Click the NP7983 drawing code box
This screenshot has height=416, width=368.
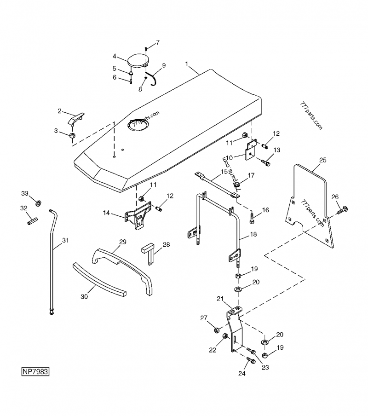(x=34, y=370)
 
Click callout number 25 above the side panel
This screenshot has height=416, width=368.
(x=322, y=160)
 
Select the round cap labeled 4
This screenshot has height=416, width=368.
(x=137, y=60)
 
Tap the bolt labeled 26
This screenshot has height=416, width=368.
(x=341, y=210)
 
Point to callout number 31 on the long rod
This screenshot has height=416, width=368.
(x=65, y=240)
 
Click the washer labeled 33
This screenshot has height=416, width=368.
(x=38, y=202)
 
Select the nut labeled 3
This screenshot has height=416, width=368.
(x=72, y=136)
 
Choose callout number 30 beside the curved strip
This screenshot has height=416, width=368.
(x=84, y=297)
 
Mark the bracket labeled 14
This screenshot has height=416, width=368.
(x=136, y=218)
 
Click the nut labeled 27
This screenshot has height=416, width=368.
(x=216, y=330)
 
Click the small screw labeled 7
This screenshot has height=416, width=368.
(x=146, y=47)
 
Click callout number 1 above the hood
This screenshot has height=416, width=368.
(x=187, y=64)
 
